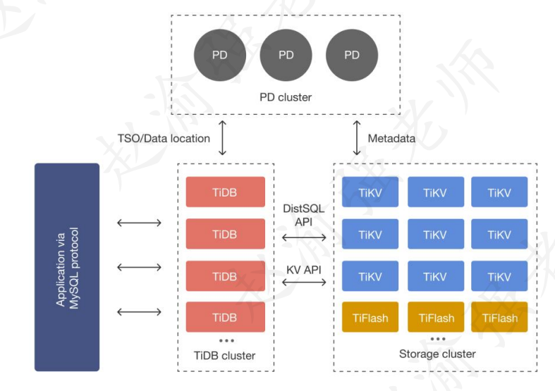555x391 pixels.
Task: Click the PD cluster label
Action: click(x=286, y=97)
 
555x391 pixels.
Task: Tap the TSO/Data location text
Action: click(x=164, y=138)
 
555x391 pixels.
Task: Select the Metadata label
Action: click(x=391, y=139)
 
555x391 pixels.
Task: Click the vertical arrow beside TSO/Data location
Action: click(x=223, y=138)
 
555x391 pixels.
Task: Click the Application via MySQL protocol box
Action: click(x=67, y=266)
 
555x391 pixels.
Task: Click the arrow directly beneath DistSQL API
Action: click(x=304, y=239)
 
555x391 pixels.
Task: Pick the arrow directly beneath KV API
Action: click(x=304, y=282)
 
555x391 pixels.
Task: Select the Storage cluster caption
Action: click(x=437, y=354)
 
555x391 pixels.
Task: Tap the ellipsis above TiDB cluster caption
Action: click(x=226, y=341)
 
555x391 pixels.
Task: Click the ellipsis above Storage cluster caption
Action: click(x=437, y=338)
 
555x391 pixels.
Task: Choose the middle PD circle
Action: click(x=286, y=55)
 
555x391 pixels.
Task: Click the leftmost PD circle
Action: click(x=220, y=55)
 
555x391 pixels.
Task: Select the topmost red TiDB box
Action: click(x=225, y=192)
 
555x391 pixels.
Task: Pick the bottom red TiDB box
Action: click(x=225, y=318)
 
